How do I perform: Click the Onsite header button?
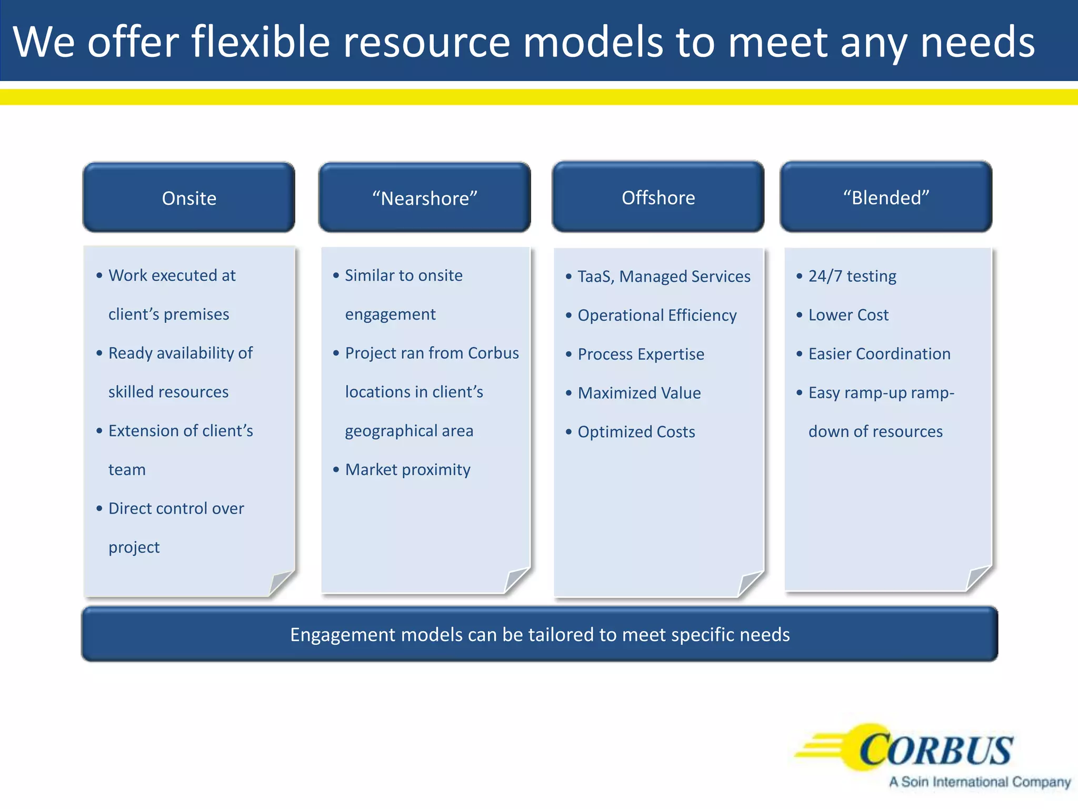click(x=189, y=198)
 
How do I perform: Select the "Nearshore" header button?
click(x=424, y=198)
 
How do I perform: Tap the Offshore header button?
click(x=658, y=198)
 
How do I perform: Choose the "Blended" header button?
click(x=886, y=198)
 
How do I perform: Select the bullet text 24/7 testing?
click(x=852, y=276)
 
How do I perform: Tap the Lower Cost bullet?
click(x=848, y=315)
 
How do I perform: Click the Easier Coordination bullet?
click(x=879, y=354)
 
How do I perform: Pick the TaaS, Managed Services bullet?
click(x=664, y=277)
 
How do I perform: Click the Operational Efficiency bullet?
click(x=657, y=315)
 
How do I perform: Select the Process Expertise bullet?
click(x=641, y=354)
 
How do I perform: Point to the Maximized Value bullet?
click(x=639, y=393)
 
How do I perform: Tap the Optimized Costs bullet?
click(x=636, y=432)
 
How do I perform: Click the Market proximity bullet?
click(x=407, y=469)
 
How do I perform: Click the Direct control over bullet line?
click(x=176, y=508)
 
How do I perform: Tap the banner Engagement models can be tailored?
click(x=540, y=635)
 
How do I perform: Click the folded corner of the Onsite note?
click(x=281, y=583)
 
